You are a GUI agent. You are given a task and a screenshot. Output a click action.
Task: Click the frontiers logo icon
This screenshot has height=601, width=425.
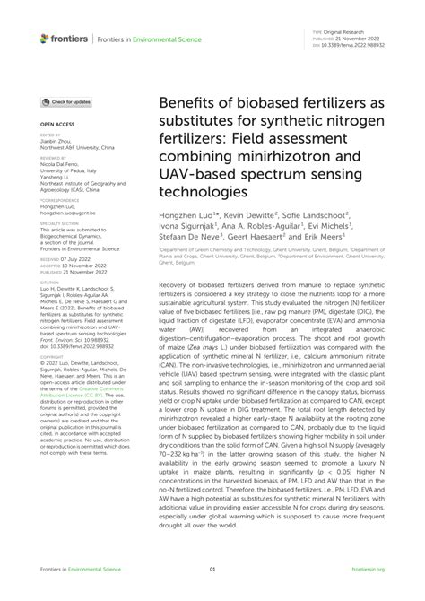pyautogui.click(x=44, y=39)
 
